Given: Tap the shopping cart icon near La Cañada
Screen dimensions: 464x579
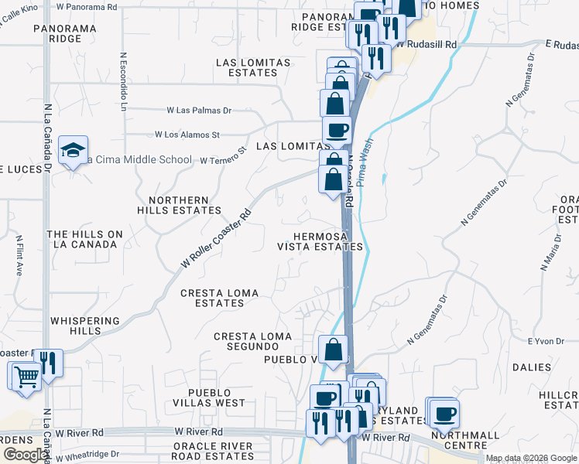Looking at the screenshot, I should pyautogui.click(x=26, y=377).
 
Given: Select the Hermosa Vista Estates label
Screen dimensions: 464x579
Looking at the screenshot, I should pyautogui.click(x=320, y=241).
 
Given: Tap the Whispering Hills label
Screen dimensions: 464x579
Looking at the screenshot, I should pyautogui.click(x=84, y=326).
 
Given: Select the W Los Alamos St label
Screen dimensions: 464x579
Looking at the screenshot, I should pyautogui.click(x=187, y=135).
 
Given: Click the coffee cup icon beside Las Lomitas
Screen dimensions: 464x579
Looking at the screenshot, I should pyautogui.click(x=337, y=130).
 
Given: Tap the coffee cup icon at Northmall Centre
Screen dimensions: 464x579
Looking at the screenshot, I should pyautogui.click(x=444, y=413).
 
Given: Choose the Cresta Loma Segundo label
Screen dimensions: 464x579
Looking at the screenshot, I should pyautogui.click(x=252, y=341).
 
